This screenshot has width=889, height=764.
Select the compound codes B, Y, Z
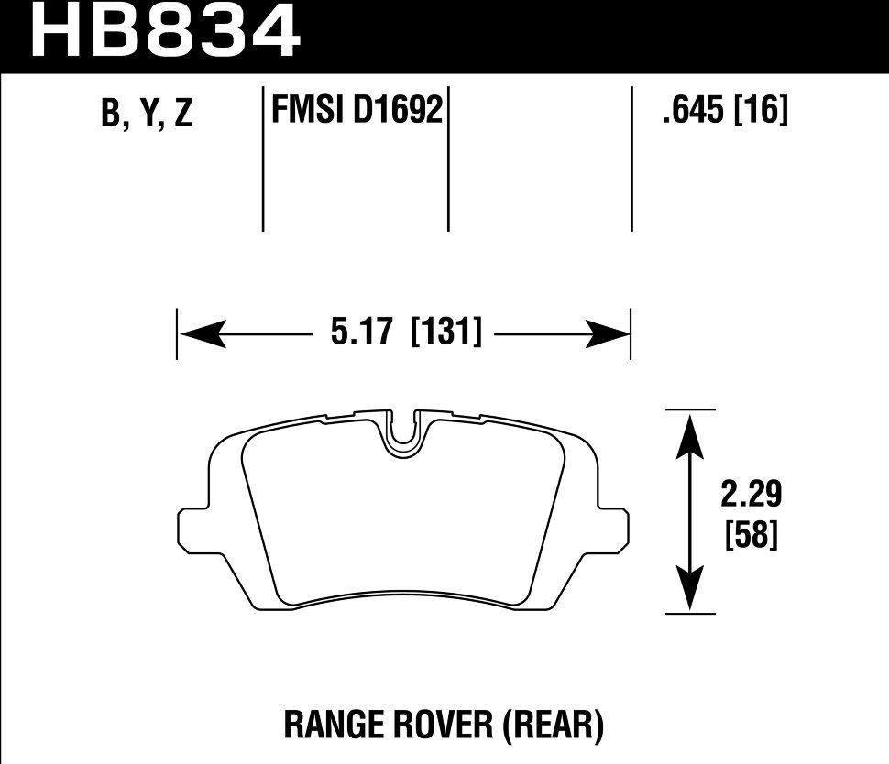[x=147, y=115]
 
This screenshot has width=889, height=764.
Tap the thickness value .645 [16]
[x=724, y=112]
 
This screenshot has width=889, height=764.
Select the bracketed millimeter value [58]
[x=751, y=535]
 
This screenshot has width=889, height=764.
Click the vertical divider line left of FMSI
[x=263, y=160]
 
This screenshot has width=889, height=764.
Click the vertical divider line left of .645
[x=631, y=160]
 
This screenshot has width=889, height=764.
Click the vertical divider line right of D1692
[x=448, y=160]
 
